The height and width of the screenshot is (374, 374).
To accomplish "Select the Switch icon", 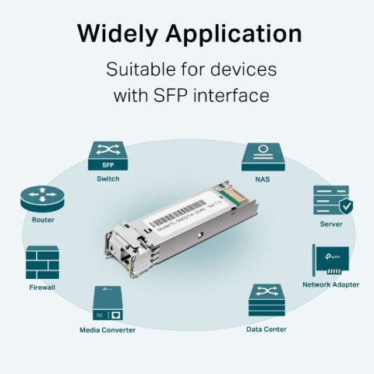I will coord(108,156).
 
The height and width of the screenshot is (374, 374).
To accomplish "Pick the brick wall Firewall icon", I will coord(42,264).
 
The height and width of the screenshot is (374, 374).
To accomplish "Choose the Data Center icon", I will coord(266,302).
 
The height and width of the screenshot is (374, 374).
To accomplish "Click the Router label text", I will coord(43,220).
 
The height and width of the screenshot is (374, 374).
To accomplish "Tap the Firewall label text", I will coord(42,287).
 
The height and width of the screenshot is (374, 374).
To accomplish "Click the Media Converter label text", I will coord(108,330).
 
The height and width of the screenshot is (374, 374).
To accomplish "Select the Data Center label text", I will coord(266,329).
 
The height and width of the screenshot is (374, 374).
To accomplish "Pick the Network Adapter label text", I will coord(330,284).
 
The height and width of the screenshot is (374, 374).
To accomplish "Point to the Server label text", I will coord(331,224).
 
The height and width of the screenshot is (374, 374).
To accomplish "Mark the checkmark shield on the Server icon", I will coord(346,206).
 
